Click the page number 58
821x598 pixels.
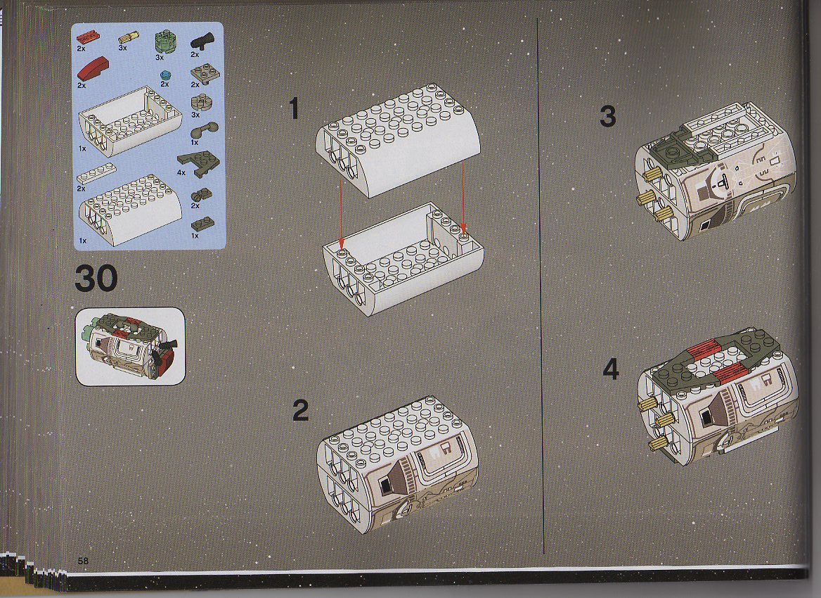[x=83, y=561]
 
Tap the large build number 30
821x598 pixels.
[x=96, y=279]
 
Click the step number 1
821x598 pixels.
[x=294, y=108]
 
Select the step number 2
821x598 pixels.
[x=301, y=410]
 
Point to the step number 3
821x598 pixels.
[x=608, y=116]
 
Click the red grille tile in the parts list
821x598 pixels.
[x=87, y=37]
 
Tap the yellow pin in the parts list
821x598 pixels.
[x=128, y=37]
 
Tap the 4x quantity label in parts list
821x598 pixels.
[x=181, y=172]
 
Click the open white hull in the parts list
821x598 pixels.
[x=130, y=120]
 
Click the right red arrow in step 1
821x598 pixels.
[x=463, y=197]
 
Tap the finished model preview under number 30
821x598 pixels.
[x=130, y=346]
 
